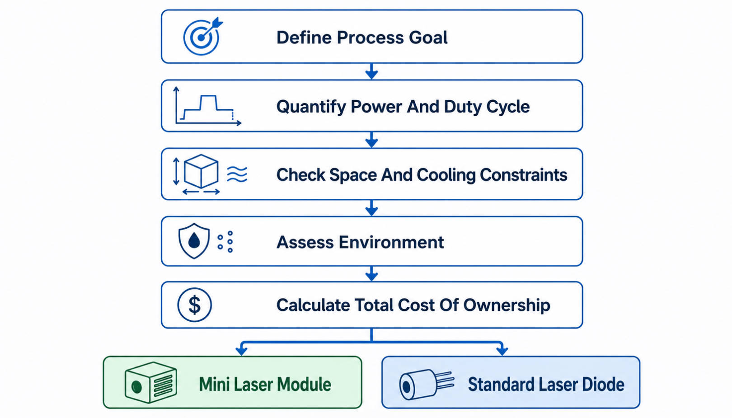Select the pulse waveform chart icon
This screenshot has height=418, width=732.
208,106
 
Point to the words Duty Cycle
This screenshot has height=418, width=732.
487,107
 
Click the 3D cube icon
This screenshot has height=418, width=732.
201,171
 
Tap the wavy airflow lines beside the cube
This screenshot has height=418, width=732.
237,174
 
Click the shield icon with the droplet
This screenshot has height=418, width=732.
194,241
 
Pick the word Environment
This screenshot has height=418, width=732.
391,242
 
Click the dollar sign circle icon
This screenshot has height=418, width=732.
194,305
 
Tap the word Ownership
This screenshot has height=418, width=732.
507,305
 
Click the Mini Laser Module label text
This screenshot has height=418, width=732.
265,385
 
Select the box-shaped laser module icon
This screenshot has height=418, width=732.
150,382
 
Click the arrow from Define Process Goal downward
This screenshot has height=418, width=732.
371,71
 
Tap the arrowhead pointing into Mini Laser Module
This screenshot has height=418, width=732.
241,351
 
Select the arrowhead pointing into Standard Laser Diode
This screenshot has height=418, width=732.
502,351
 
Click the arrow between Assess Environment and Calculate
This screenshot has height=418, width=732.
371,274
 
